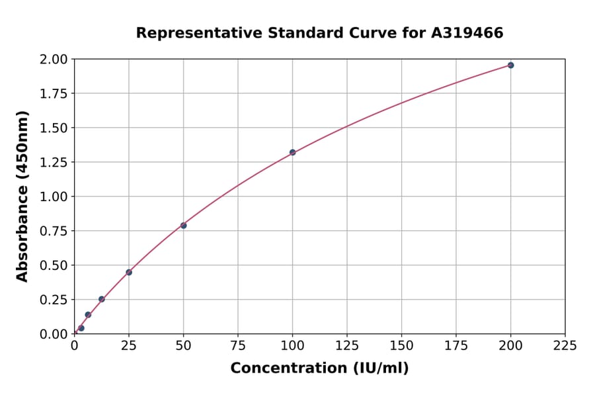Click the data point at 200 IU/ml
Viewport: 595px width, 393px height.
(x=510, y=65)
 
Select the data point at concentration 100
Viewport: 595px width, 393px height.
(x=292, y=152)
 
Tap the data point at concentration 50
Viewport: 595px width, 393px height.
(x=183, y=226)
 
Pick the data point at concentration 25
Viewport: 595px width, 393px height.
(x=129, y=272)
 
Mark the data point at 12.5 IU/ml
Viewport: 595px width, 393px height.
(x=101, y=299)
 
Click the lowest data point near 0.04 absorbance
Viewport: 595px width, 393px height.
(x=81, y=328)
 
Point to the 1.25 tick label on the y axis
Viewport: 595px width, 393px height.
(x=54, y=162)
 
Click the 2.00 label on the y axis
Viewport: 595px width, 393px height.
(x=54, y=60)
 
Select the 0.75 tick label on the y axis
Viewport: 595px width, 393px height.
(x=54, y=231)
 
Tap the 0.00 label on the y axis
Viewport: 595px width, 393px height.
(x=54, y=334)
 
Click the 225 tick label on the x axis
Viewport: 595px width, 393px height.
(x=565, y=345)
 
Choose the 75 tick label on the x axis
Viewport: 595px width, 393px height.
(x=238, y=345)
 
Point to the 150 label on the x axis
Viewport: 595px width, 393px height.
(x=401, y=345)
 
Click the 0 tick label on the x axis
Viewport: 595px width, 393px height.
(x=75, y=345)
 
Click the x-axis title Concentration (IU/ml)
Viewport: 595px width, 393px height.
(x=319, y=369)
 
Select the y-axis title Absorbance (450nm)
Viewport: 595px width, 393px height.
(x=22, y=196)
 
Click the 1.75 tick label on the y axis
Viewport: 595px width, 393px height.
(x=54, y=93)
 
